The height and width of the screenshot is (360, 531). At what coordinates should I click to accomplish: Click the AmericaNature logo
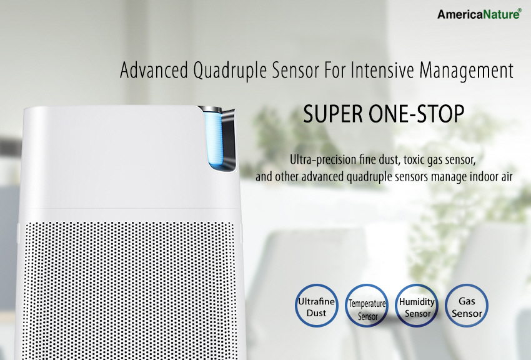479,14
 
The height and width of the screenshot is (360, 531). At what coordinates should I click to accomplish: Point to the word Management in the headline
467,71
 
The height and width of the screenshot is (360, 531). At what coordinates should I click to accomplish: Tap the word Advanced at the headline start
154,70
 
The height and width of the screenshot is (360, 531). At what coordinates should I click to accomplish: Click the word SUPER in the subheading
333,114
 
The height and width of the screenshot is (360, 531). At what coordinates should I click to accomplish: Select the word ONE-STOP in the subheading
416,114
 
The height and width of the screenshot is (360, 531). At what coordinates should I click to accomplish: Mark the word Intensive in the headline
382,70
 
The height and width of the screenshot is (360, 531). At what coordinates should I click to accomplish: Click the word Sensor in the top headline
295,70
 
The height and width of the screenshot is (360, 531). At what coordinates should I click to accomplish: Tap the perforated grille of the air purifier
129,291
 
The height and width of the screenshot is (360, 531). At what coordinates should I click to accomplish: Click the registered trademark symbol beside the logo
520,11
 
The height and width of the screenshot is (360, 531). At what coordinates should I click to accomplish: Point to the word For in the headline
335,70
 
